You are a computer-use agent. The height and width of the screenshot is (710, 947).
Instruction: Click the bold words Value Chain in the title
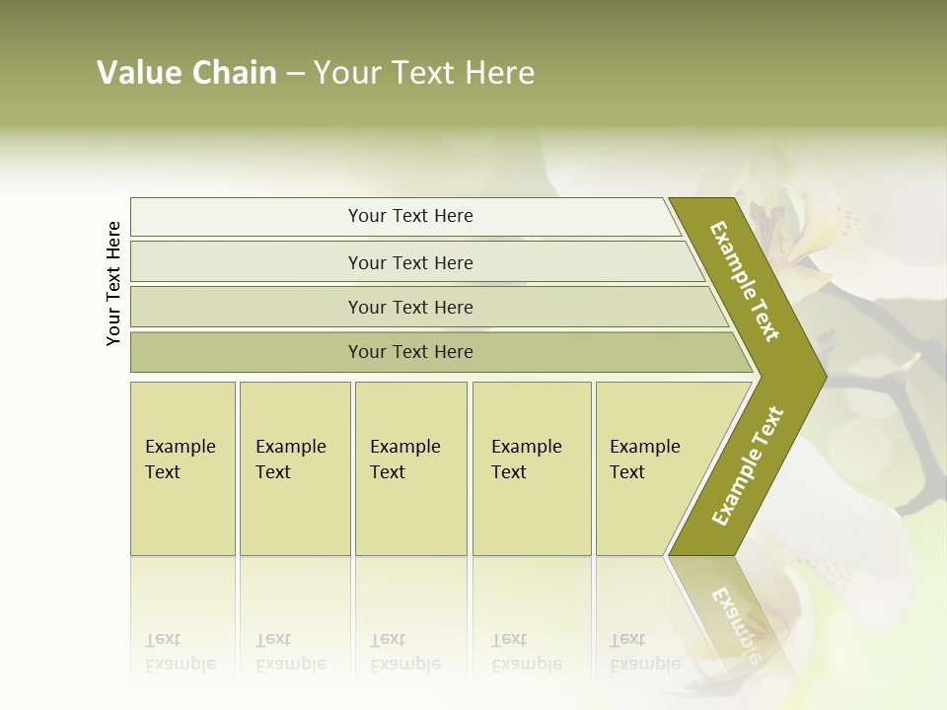(x=186, y=73)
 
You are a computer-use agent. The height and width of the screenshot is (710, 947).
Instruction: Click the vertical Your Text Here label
(x=113, y=283)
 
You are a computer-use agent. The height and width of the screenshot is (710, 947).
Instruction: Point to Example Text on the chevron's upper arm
(x=745, y=281)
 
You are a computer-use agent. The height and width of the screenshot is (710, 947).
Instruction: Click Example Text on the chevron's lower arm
(x=748, y=465)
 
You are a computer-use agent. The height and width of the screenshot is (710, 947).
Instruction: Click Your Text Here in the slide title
(x=424, y=73)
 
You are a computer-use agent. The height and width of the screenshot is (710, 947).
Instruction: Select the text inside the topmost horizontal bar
(x=410, y=216)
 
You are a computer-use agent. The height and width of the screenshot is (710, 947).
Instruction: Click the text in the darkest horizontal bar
(x=410, y=352)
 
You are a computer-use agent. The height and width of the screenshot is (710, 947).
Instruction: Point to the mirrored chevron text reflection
(x=734, y=621)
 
